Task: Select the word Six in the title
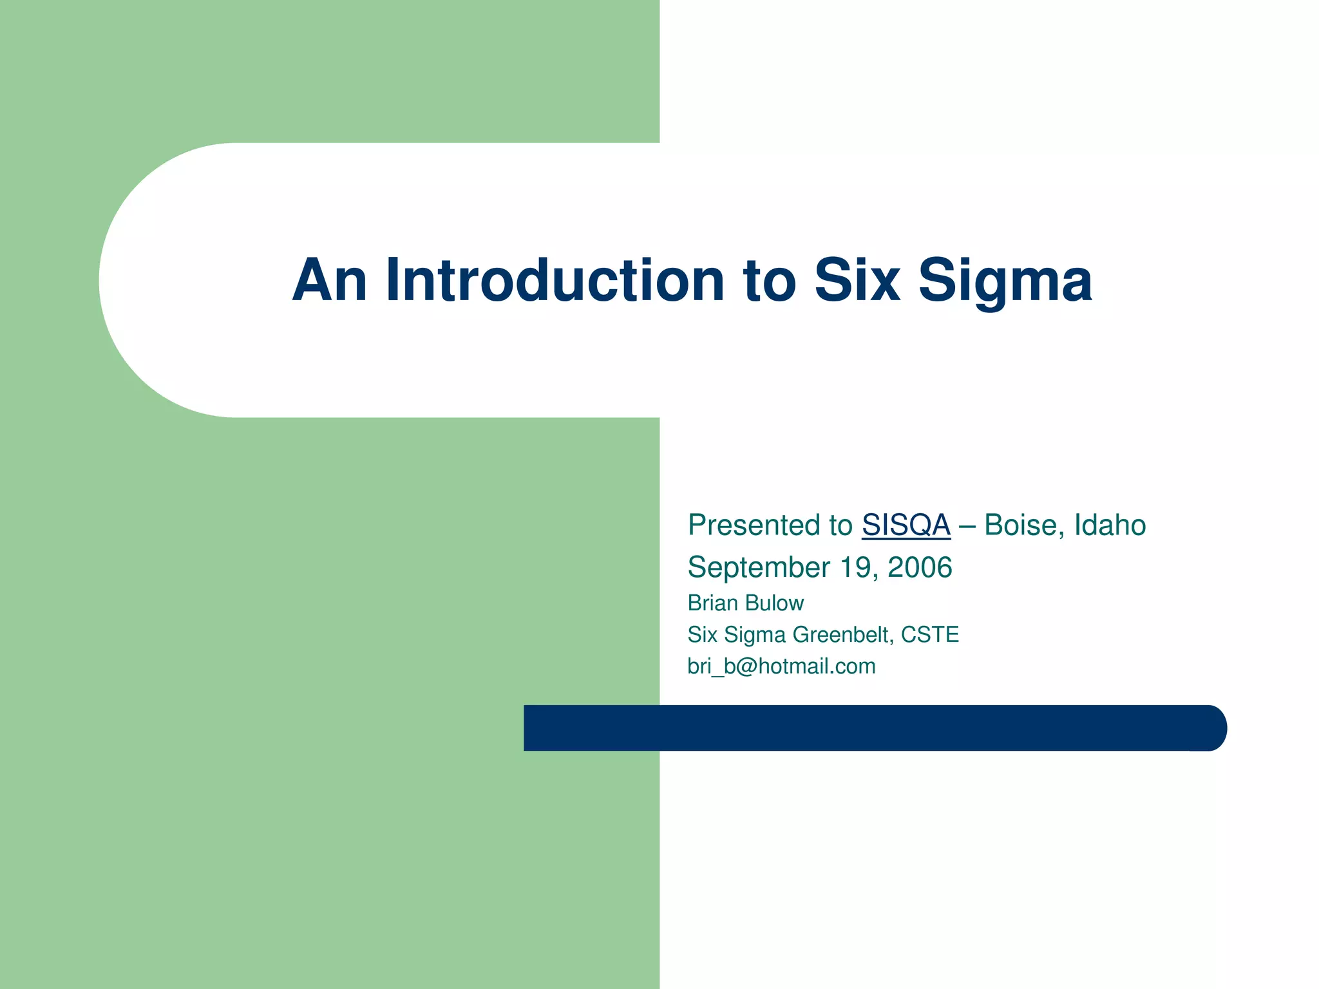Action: click(x=857, y=281)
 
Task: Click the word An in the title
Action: click(x=330, y=281)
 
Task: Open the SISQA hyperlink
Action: click(x=906, y=525)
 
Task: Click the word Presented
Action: click(x=770, y=525)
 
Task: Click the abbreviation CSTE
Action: click(x=930, y=635)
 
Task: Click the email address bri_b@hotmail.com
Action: click(x=781, y=666)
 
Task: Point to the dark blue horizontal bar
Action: click(x=869, y=728)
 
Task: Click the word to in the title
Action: click(x=770, y=282)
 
